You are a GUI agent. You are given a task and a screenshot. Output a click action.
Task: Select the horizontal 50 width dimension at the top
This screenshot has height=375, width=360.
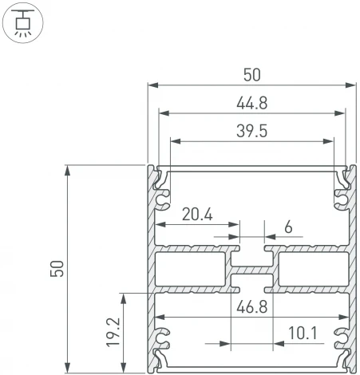(251, 74)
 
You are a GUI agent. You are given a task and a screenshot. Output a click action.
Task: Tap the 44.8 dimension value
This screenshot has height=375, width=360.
(251, 102)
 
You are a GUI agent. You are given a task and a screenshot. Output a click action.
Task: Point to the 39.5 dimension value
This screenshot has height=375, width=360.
(251, 130)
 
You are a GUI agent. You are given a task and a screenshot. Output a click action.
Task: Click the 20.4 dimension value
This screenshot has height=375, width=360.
(196, 214)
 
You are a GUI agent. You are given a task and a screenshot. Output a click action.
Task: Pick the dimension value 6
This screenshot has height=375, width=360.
(287, 227)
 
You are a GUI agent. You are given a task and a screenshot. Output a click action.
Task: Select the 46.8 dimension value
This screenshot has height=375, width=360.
(251, 305)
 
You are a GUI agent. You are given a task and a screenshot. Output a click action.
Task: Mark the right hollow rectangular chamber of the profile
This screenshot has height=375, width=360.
(311, 269)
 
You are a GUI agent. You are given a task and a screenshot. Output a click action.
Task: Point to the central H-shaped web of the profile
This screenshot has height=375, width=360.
(251, 269)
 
